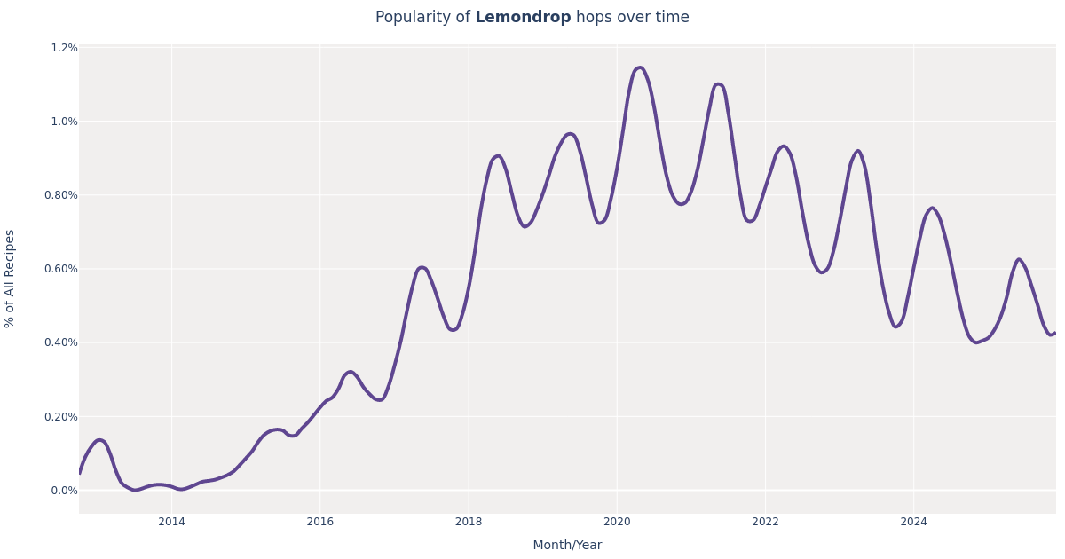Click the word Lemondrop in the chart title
pyautogui.click(x=523, y=18)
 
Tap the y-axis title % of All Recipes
pyautogui.click(x=11, y=279)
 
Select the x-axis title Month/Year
pyautogui.click(x=567, y=545)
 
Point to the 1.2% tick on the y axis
pyautogui.click(x=64, y=48)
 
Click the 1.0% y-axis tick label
pyautogui.click(x=64, y=122)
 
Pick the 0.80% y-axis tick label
pyautogui.click(x=60, y=195)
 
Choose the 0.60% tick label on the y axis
pyautogui.click(x=60, y=269)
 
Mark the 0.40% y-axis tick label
pyautogui.click(x=60, y=342)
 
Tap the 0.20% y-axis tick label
pyautogui.click(x=60, y=416)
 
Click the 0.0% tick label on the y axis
pyautogui.click(x=64, y=490)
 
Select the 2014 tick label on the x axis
pyautogui.click(x=172, y=522)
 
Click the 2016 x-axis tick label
pyautogui.click(x=320, y=522)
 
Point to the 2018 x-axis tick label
pyautogui.click(x=469, y=522)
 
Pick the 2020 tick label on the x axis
pyautogui.click(x=617, y=522)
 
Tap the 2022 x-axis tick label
pyautogui.click(x=765, y=522)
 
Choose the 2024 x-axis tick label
pyautogui.click(x=913, y=522)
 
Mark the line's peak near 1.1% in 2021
pyautogui.click(x=718, y=84)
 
